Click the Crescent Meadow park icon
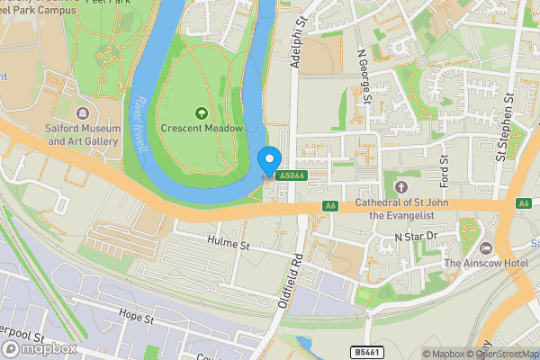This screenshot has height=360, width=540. [202, 113]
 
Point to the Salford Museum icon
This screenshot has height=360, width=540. [83, 114]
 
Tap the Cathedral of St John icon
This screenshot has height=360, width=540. [401, 187]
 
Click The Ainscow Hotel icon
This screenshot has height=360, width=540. [487, 247]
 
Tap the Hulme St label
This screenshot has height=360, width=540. [227, 244]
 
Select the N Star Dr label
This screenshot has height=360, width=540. [415, 237]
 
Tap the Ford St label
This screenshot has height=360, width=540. [444, 165]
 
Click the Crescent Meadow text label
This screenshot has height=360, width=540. [202, 129]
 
